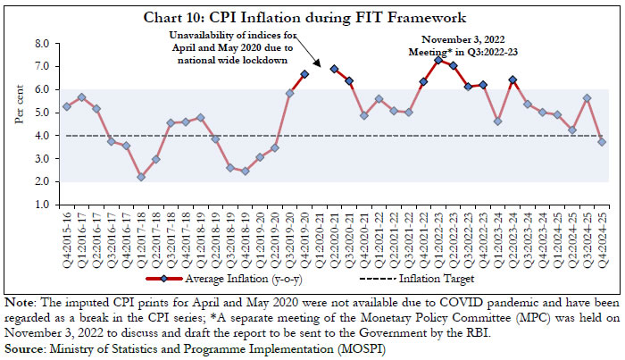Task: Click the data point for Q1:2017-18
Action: pos(141,177)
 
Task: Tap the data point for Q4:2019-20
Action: pos(304,74)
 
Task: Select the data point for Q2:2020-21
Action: pos(334,69)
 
